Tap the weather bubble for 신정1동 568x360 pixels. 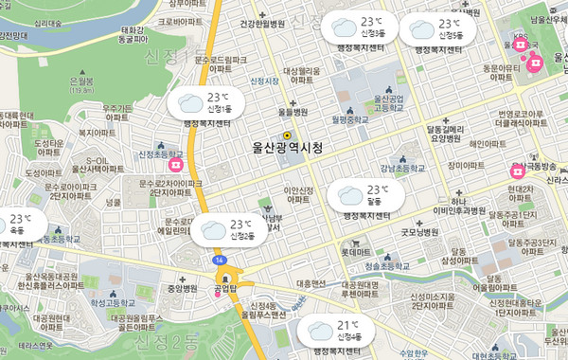[x=205, y=102]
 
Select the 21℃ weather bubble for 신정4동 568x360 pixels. [x=335, y=332]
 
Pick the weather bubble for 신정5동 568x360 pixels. [x=436, y=28]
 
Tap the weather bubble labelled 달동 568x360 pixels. [x=364, y=196]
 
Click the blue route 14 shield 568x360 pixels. [x=219, y=259]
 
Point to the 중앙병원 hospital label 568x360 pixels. [x=182, y=287]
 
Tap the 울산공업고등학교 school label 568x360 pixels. [x=389, y=103]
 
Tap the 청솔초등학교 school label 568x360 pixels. [x=370, y=268]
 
